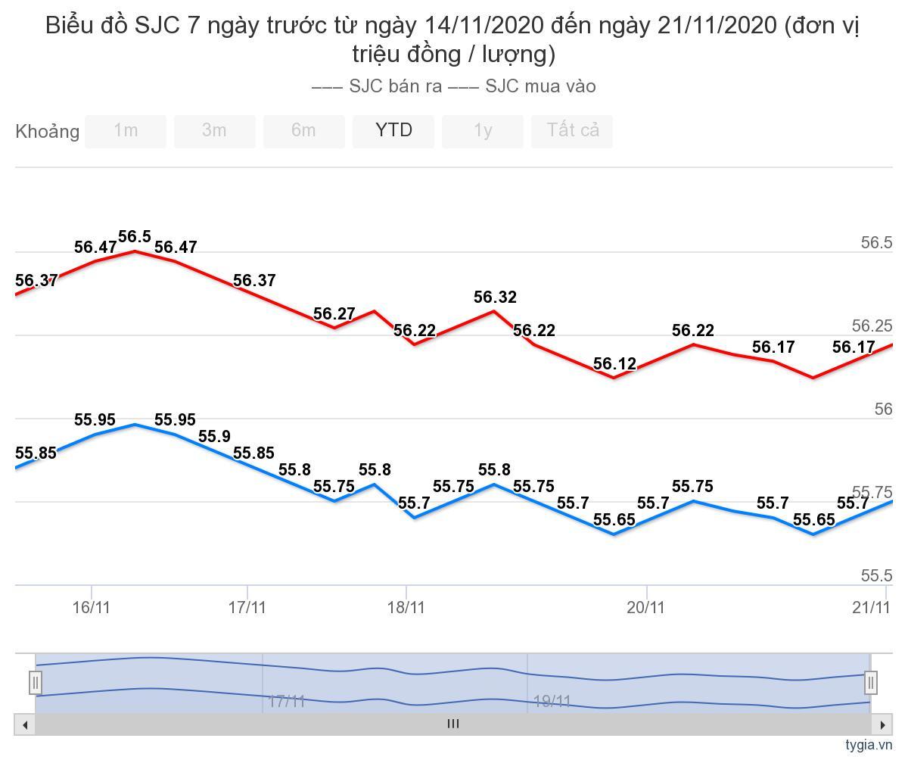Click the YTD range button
393,131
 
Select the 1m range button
126,131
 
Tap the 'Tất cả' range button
573,131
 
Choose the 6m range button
303,131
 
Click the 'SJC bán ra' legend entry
378,86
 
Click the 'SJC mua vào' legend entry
522,86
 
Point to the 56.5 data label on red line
135,236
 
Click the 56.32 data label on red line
495,297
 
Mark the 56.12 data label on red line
614,363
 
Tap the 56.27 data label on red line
334,313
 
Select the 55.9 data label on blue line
214,437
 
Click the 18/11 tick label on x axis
406,607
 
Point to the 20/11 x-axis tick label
646,607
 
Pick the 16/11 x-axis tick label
92,607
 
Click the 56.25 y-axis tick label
872,326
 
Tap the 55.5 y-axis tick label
876,576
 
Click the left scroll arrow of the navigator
25,724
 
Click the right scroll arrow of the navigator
882,724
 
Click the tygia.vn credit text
869,745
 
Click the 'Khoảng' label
48,132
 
